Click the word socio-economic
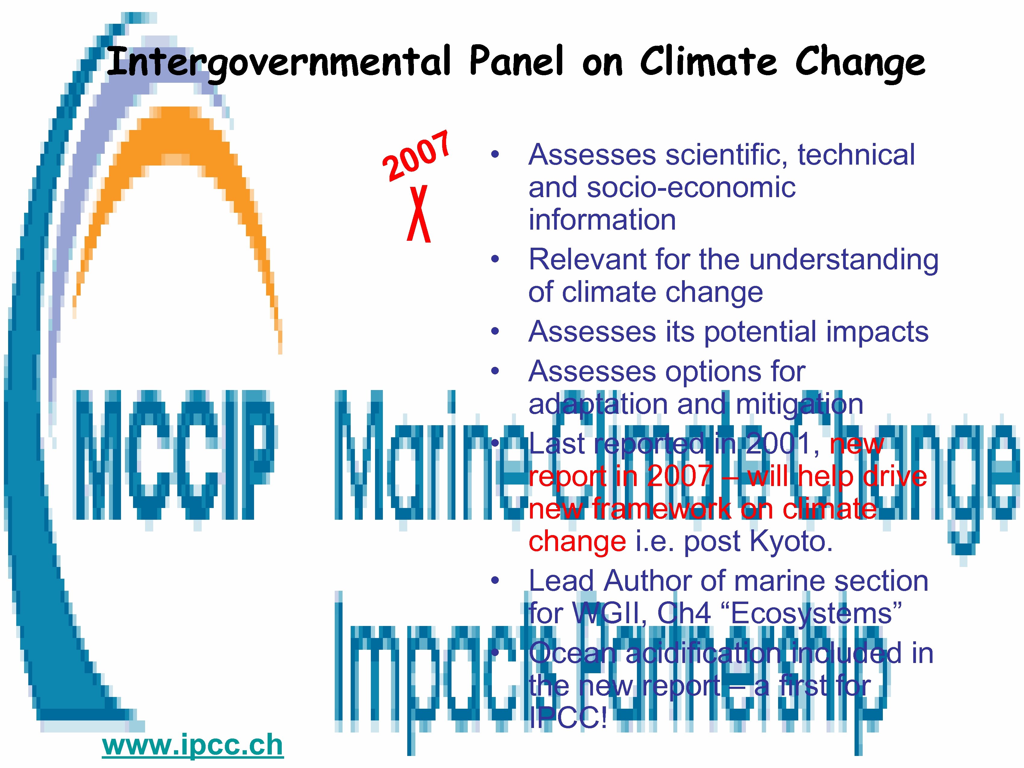691,187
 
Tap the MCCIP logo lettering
174,455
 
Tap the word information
602,220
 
